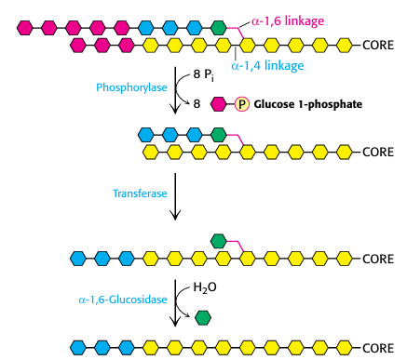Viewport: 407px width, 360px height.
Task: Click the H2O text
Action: click(x=205, y=287)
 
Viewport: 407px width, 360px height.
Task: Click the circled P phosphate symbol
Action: click(x=240, y=105)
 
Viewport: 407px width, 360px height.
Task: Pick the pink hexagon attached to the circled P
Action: click(x=221, y=105)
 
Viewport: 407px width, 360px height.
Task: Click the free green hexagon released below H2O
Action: click(x=203, y=316)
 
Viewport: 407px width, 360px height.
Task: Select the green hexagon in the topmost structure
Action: click(x=219, y=27)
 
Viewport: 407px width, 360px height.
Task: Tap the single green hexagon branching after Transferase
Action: click(x=219, y=241)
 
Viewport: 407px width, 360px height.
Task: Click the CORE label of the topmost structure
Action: click(x=377, y=44)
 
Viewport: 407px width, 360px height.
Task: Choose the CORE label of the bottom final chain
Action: click(x=377, y=347)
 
